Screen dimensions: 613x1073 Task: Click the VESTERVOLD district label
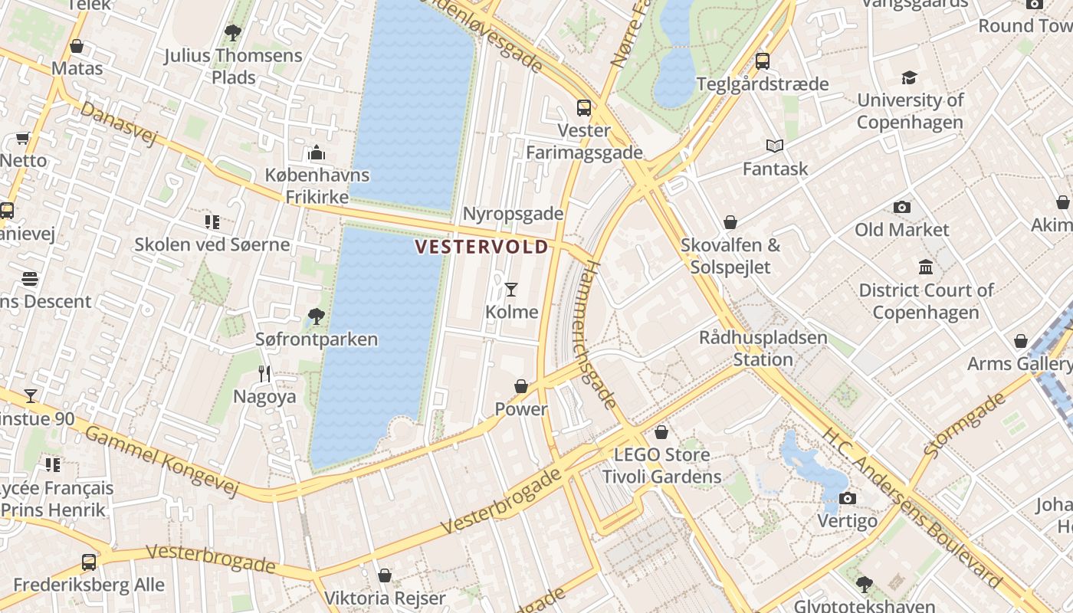(482, 247)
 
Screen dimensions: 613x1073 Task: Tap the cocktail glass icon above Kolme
(511, 289)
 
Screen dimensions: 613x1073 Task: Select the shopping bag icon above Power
(521, 386)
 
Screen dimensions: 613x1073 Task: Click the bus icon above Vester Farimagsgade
(584, 108)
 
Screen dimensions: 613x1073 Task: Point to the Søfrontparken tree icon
(316, 316)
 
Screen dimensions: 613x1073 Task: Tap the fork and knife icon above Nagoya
(264, 374)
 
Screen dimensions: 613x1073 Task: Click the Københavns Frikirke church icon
(317, 153)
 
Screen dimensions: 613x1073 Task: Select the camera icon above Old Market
(902, 207)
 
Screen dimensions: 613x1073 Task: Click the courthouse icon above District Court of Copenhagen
(926, 267)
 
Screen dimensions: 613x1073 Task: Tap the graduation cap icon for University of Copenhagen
(909, 77)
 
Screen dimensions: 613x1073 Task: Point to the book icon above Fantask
(775, 146)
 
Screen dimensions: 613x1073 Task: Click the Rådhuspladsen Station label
(763, 348)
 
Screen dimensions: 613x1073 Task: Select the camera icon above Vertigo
(847, 499)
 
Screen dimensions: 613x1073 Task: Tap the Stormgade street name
(964, 425)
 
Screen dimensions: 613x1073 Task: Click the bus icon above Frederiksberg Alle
(89, 562)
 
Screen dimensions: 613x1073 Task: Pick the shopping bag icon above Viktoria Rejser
(385, 575)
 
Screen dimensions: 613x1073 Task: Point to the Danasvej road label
(118, 123)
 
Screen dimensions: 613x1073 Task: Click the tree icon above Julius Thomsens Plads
(233, 33)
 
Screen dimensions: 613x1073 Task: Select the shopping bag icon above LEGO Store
(661, 432)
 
